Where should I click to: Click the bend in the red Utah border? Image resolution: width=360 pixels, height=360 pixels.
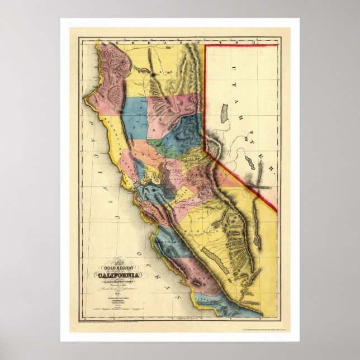click(x=205, y=149)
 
